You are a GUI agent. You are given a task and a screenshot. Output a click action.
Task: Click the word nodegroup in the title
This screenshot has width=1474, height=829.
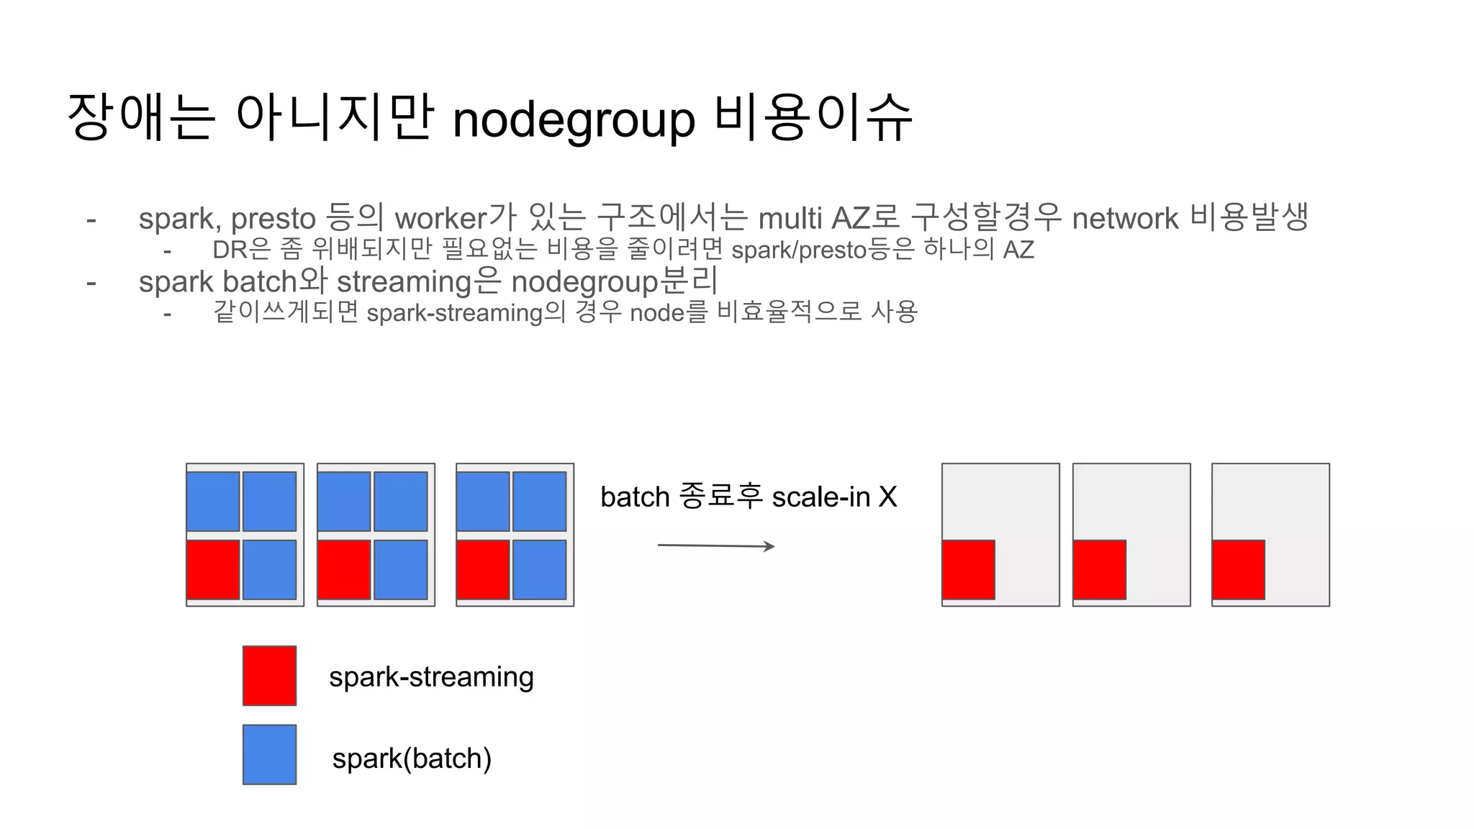[x=574, y=119]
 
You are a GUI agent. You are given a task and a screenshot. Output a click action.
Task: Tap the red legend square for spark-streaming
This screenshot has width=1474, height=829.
[x=269, y=676]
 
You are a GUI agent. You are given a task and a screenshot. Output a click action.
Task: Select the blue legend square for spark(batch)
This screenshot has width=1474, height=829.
[x=269, y=754]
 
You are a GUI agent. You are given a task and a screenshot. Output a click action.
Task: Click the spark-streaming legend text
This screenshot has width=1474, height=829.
[x=431, y=677]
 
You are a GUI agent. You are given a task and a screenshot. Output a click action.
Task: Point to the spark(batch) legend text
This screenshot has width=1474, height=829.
[x=412, y=758]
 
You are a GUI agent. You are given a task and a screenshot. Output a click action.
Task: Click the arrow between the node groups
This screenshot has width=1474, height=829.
[x=716, y=546]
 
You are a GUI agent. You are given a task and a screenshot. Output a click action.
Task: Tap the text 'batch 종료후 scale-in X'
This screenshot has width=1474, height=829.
[x=749, y=497]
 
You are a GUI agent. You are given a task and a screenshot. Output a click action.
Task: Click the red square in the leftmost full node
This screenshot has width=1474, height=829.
[x=213, y=570]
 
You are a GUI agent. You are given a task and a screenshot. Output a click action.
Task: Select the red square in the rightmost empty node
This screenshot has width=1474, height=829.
[x=1239, y=570]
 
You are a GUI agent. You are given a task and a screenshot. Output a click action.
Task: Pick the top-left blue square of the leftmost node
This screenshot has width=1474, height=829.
[x=213, y=502]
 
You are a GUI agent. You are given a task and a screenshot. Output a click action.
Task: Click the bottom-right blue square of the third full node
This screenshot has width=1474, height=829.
[x=539, y=570]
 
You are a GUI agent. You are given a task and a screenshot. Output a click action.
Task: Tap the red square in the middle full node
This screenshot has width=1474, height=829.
[x=344, y=570]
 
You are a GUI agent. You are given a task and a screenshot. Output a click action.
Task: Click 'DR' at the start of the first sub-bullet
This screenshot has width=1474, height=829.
[x=230, y=250]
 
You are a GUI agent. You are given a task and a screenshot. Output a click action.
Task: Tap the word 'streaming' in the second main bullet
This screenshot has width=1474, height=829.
[x=404, y=282]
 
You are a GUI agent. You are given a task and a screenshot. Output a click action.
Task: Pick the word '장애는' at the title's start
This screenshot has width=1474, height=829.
[x=141, y=117]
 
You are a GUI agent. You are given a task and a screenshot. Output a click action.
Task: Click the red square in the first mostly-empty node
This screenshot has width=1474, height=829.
[x=969, y=570]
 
